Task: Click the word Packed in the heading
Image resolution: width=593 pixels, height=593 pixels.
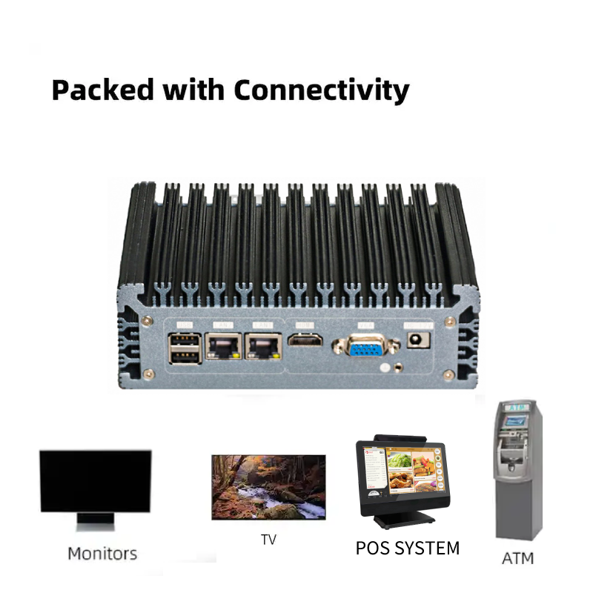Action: click(102, 90)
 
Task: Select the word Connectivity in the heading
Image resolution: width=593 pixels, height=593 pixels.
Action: click(321, 90)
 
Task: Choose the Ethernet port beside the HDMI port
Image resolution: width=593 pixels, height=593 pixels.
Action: click(264, 347)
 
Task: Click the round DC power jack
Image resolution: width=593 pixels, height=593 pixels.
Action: click(417, 341)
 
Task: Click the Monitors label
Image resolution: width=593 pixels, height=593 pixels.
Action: click(102, 553)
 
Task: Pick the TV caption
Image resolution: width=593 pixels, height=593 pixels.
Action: click(268, 540)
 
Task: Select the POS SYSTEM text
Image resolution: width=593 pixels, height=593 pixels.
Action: click(408, 549)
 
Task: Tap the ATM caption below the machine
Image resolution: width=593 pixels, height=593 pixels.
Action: click(517, 557)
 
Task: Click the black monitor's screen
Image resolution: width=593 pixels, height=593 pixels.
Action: click(96, 480)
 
